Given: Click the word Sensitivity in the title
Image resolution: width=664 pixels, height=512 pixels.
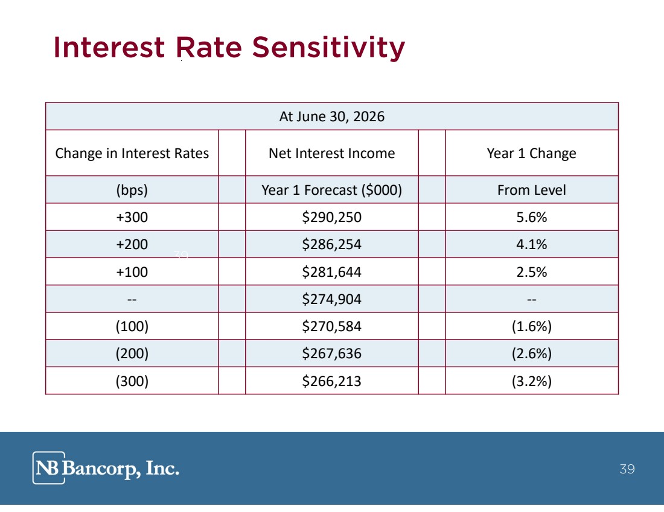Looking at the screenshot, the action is pos(328,48).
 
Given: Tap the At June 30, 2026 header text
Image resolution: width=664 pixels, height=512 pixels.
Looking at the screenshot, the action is pos(331,116).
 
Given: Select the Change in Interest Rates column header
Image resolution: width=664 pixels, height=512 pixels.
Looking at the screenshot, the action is pos(132,153).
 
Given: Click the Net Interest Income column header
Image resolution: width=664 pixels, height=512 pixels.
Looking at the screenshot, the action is pos(331,153).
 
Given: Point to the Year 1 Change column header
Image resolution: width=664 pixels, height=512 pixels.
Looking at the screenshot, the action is pos(531,153).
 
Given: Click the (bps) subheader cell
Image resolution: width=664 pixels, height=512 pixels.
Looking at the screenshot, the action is pos(132,190).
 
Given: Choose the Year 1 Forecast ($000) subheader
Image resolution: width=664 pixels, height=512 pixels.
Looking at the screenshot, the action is pos(331,190).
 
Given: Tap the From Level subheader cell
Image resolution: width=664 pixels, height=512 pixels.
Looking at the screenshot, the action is pos(531,190).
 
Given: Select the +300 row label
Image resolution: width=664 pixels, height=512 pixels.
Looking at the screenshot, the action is pos(132,217).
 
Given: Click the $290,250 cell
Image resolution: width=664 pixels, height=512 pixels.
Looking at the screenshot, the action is pos(331,217).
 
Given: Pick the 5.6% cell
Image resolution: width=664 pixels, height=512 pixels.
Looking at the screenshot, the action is pos(531,217).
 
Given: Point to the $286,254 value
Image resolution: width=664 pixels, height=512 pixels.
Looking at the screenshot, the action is pos(331,244).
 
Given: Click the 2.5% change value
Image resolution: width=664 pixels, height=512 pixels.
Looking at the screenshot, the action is pos(531,271).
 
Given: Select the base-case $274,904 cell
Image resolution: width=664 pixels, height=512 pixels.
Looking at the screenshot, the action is pos(331,299).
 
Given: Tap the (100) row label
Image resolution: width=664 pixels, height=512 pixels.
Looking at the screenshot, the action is pos(132,326).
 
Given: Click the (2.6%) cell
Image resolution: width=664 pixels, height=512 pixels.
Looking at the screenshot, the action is pos(531,353).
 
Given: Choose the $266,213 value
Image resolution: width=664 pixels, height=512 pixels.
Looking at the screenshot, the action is pos(331,381).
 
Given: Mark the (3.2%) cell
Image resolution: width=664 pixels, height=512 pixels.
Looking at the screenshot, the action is pos(531,381).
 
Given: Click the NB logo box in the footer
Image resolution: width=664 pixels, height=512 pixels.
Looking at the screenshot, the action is pos(49,467).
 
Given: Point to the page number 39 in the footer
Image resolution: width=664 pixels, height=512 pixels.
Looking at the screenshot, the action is pos(627,469).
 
